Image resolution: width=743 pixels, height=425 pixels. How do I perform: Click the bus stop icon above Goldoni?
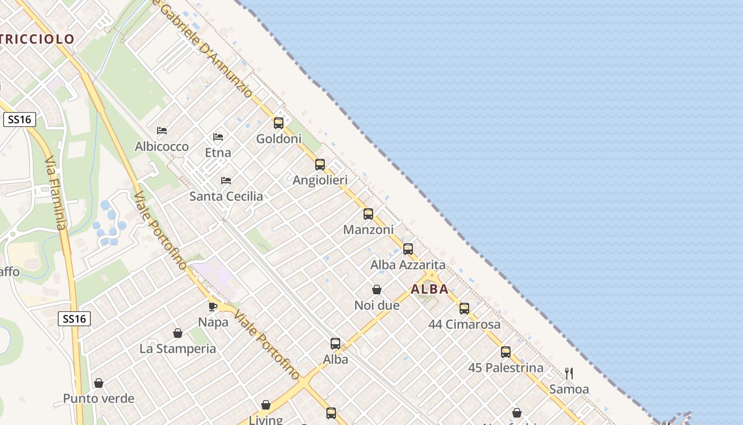(279, 123)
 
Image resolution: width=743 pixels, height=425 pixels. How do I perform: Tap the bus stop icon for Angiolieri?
(320, 165)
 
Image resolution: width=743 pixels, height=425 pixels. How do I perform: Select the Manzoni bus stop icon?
(368, 214)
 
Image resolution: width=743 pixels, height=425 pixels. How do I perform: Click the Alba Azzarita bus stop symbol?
(408, 249)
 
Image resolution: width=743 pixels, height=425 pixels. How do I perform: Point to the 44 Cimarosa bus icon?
(464, 309)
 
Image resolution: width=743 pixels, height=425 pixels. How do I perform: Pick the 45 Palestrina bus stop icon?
(506, 352)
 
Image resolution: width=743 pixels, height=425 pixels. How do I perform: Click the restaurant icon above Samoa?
(569, 373)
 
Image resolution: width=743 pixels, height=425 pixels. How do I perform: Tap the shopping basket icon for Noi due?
(377, 290)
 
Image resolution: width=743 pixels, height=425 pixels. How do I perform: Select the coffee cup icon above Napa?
(213, 307)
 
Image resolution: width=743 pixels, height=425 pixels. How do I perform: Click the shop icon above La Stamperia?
(178, 333)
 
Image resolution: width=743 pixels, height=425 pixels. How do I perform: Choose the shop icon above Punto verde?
(99, 383)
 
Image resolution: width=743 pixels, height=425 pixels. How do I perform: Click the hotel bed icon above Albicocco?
(162, 131)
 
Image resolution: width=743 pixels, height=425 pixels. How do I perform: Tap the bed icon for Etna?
(218, 137)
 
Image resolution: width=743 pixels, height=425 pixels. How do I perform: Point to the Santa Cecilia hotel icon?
(226, 181)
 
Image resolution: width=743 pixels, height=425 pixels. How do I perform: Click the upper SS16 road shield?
(20, 120)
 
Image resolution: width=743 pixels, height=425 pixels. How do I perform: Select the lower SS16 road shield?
(74, 319)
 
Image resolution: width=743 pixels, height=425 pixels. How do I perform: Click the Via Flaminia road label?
(55, 193)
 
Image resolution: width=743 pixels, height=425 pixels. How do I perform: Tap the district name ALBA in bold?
(430, 290)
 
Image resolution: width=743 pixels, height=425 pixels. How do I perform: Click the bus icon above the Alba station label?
(335, 344)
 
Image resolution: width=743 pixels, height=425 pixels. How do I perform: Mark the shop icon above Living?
(266, 405)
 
